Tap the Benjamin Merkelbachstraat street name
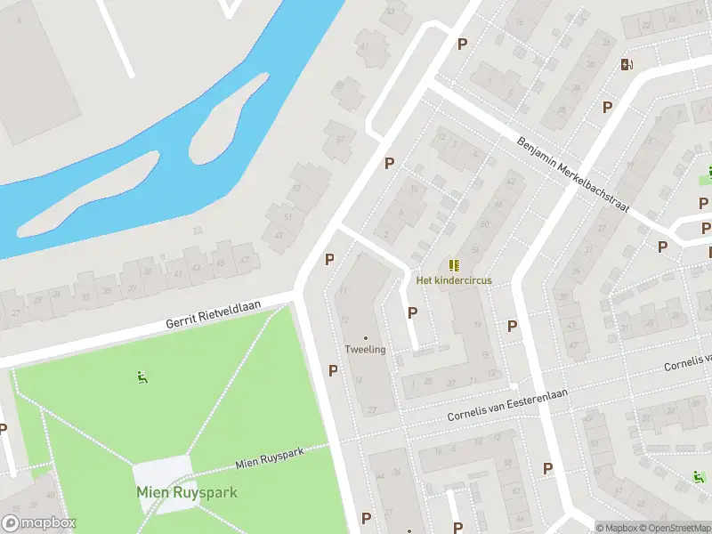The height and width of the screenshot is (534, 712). point(573,174)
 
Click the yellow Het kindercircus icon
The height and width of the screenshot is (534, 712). point(454,265)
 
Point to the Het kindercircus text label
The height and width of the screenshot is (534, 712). point(454,280)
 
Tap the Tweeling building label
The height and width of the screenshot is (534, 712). point(366,349)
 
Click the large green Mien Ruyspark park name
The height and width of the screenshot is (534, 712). point(187,492)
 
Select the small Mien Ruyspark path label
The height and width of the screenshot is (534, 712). point(270,458)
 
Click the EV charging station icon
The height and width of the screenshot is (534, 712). point(627,63)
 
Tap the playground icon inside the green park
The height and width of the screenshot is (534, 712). point(141,377)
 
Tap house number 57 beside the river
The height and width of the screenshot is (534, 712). point(340,140)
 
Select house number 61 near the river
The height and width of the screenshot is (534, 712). point(362,47)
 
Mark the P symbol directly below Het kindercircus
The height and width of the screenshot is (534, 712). point(412,312)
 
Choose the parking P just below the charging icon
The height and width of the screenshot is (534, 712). point(608,107)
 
